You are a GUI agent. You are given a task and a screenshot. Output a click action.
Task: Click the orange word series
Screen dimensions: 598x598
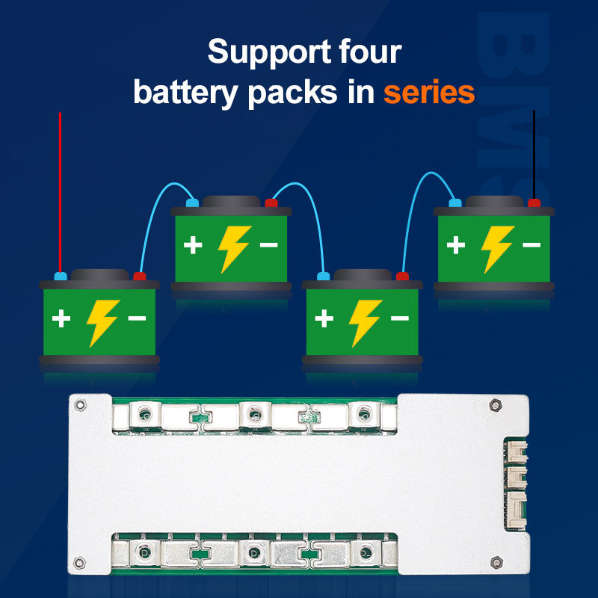point(429,93)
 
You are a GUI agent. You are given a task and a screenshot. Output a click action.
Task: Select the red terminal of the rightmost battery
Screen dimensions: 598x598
point(534,203)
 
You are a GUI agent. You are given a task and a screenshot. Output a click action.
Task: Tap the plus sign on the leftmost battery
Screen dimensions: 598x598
point(61,319)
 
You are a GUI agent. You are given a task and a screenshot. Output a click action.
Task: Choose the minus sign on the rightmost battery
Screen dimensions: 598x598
point(531,244)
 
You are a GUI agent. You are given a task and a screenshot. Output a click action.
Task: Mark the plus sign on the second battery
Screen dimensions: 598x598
point(193,244)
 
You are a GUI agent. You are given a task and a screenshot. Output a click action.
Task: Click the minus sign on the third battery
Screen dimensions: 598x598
point(400,318)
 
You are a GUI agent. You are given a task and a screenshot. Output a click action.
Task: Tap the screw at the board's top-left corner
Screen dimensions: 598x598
point(80,404)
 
